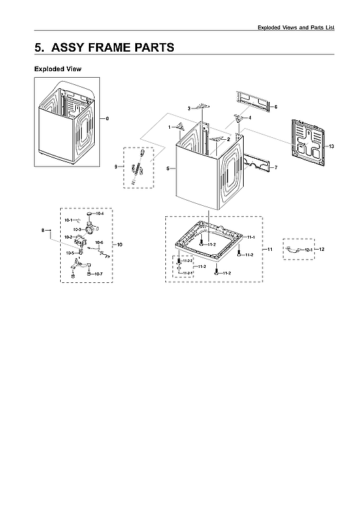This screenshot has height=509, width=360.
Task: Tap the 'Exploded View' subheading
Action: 57,69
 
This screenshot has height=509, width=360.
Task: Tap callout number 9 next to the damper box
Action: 116,167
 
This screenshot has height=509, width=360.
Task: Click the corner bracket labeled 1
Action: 181,126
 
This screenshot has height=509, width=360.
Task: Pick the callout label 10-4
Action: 99,214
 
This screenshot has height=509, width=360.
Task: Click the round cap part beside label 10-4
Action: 88,214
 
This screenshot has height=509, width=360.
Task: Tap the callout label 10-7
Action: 98,273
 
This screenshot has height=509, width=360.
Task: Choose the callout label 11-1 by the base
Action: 251,237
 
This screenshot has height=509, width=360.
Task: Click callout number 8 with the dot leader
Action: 43,230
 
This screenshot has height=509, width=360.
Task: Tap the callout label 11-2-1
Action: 188,272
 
